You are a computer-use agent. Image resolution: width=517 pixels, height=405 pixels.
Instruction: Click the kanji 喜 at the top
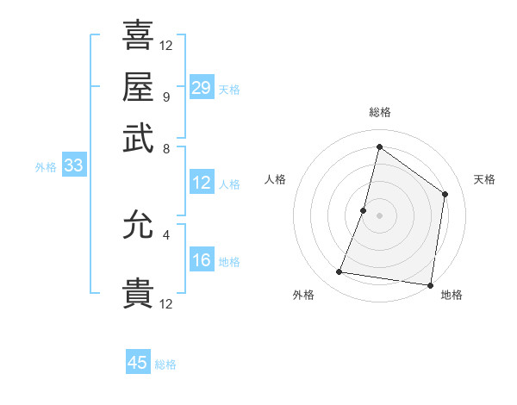click(138, 35)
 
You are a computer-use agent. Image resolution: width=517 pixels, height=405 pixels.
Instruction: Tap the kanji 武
click(138, 137)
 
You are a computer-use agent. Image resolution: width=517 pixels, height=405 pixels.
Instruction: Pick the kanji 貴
click(138, 293)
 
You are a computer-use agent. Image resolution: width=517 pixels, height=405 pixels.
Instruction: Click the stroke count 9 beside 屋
click(165, 97)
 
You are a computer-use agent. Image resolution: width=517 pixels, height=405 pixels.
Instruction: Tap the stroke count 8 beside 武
click(165, 147)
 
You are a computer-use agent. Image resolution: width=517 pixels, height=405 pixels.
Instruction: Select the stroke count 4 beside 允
click(165, 234)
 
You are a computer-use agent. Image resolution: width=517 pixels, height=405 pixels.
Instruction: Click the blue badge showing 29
click(201, 87)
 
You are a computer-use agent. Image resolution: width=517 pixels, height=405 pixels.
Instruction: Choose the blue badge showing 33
click(72, 165)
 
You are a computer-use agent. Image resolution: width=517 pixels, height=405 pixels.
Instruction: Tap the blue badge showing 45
click(138, 363)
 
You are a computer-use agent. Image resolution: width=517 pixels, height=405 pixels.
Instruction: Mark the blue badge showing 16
click(201, 259)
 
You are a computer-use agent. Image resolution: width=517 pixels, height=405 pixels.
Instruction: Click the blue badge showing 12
click(201, 183)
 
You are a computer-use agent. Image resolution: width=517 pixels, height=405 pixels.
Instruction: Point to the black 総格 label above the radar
click(379, 113)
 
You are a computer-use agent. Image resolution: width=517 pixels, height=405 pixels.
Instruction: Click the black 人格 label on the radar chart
click(276, 179)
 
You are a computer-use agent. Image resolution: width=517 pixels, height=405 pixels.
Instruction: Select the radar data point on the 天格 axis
click(445, 194)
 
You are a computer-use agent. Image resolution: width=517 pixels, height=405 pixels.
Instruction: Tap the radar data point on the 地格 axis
click(429, 284)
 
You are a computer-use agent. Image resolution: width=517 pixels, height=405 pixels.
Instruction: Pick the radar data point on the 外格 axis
click(339, 272)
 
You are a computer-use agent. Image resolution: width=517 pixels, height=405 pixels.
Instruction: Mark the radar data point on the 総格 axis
click(379, 146)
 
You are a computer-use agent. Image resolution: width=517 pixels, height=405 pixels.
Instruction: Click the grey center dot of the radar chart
click(379, 215)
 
